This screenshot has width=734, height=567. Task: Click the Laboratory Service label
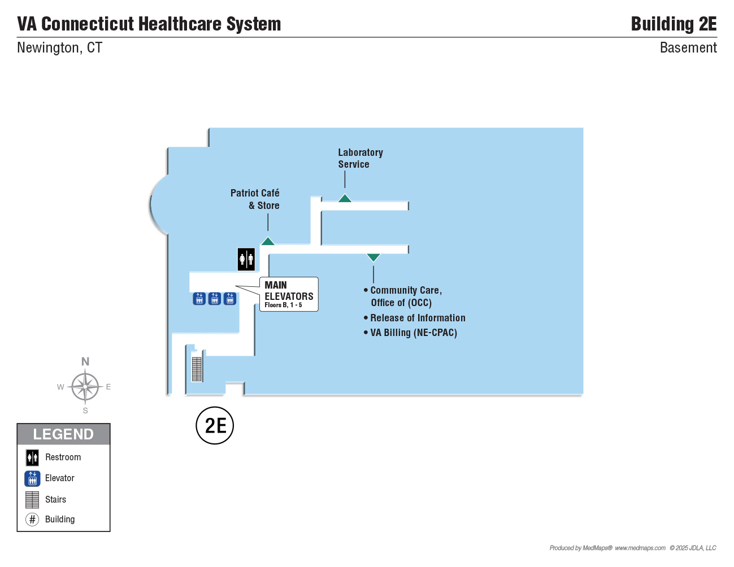click(361, 158)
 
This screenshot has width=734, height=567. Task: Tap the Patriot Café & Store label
click(255, 199)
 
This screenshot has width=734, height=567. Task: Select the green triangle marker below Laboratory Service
click(345, 198)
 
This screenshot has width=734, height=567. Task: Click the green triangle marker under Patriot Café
click(268, 241)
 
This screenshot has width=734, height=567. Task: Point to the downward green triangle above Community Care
click(373, 258)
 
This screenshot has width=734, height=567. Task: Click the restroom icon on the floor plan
click(246, 259)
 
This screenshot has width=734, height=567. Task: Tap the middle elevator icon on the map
click(215, 299)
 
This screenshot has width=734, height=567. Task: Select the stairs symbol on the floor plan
click(197, 369)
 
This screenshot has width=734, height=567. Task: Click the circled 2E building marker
click(215, 426)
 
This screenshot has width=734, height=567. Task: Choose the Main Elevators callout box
click(289, 294)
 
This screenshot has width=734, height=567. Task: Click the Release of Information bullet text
click(414, 318)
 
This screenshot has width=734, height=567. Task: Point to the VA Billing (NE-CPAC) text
click(410, 333)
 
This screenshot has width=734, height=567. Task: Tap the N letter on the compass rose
click(85, 362)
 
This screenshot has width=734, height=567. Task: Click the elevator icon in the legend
click(32, 478)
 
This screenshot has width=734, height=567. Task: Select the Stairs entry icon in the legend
click(32, 500)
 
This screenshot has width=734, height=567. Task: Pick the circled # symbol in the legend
click(32, 520)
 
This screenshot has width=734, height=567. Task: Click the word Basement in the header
click(688, 48)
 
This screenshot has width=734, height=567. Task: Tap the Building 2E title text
click(674, 24)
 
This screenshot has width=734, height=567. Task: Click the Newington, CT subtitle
click(59, 48)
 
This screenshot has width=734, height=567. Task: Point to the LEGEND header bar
click(63, 434)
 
